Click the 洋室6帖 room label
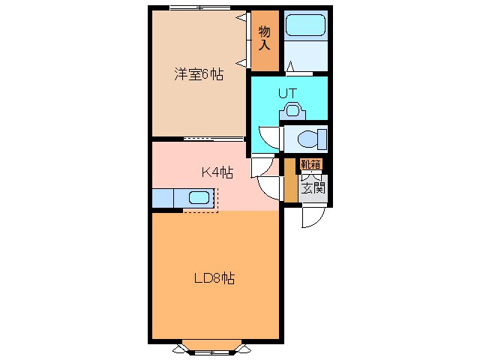[x=199, y=74]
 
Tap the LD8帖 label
[x=214, y=278]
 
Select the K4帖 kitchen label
[x=217, y=172]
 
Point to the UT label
[x=288, y=93]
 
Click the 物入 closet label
[x=264, y=37]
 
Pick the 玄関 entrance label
[x=313, y=187]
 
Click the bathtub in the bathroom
[x=305, y=26]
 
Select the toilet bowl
[x=310, y=139]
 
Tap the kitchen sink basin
[x=199, y=198]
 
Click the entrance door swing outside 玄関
[x=310, y=216]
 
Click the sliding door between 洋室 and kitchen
[x=214, y=139]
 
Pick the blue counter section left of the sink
[x=163, y=198]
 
